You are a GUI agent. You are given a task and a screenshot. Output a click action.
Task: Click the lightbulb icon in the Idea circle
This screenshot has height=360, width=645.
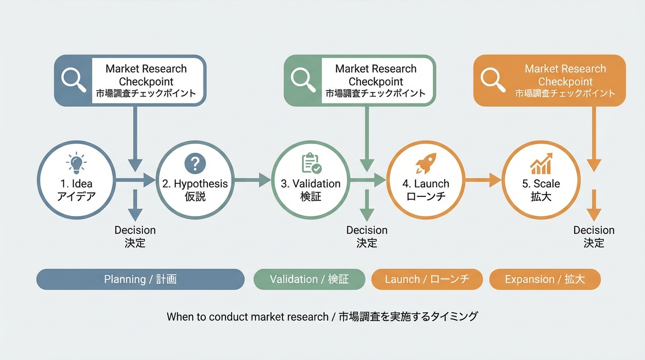point(76,162)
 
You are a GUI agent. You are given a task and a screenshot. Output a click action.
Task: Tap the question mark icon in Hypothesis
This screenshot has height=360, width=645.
point(195,164)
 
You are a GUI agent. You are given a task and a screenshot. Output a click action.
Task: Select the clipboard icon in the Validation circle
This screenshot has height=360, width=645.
point(311,164)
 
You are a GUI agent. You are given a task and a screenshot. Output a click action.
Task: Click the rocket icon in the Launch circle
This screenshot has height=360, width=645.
point(426,164)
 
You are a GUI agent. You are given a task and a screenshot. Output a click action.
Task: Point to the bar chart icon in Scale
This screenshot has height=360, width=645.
point(541,164)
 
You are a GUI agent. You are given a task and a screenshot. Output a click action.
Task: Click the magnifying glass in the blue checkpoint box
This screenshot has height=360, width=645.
point(74,80)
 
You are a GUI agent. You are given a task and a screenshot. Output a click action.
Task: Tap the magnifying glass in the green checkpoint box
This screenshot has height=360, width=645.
point(303,80)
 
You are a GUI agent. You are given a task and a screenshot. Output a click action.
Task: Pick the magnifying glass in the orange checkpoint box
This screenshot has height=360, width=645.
point(493,80)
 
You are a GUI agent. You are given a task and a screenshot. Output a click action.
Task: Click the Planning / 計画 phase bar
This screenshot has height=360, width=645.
point(140,279)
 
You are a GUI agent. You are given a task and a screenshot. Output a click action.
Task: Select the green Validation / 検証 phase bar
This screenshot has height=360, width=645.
point(309,279)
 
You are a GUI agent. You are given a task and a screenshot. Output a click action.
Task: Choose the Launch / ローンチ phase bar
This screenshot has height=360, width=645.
point(427,279)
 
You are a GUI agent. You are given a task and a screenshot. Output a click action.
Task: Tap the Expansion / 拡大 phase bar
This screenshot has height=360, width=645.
point(545,279)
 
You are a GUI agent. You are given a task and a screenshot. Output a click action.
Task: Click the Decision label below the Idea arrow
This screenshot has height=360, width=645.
point(135,231)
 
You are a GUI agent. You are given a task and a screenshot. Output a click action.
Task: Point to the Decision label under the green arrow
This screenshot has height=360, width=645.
point(367,231)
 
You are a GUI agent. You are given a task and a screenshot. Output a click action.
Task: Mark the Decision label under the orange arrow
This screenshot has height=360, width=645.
point(593,231)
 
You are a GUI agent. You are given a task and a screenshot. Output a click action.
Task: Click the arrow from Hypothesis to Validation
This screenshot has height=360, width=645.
point(252,180)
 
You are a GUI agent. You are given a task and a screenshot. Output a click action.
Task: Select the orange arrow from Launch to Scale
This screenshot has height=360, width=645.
point(483,180)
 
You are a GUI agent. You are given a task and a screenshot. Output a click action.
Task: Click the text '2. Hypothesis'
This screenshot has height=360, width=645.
point(195,184)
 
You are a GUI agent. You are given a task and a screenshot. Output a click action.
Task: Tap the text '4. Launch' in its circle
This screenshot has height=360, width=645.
point(426,184)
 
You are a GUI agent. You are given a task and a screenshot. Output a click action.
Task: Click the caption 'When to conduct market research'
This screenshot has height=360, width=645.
point(247,317)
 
